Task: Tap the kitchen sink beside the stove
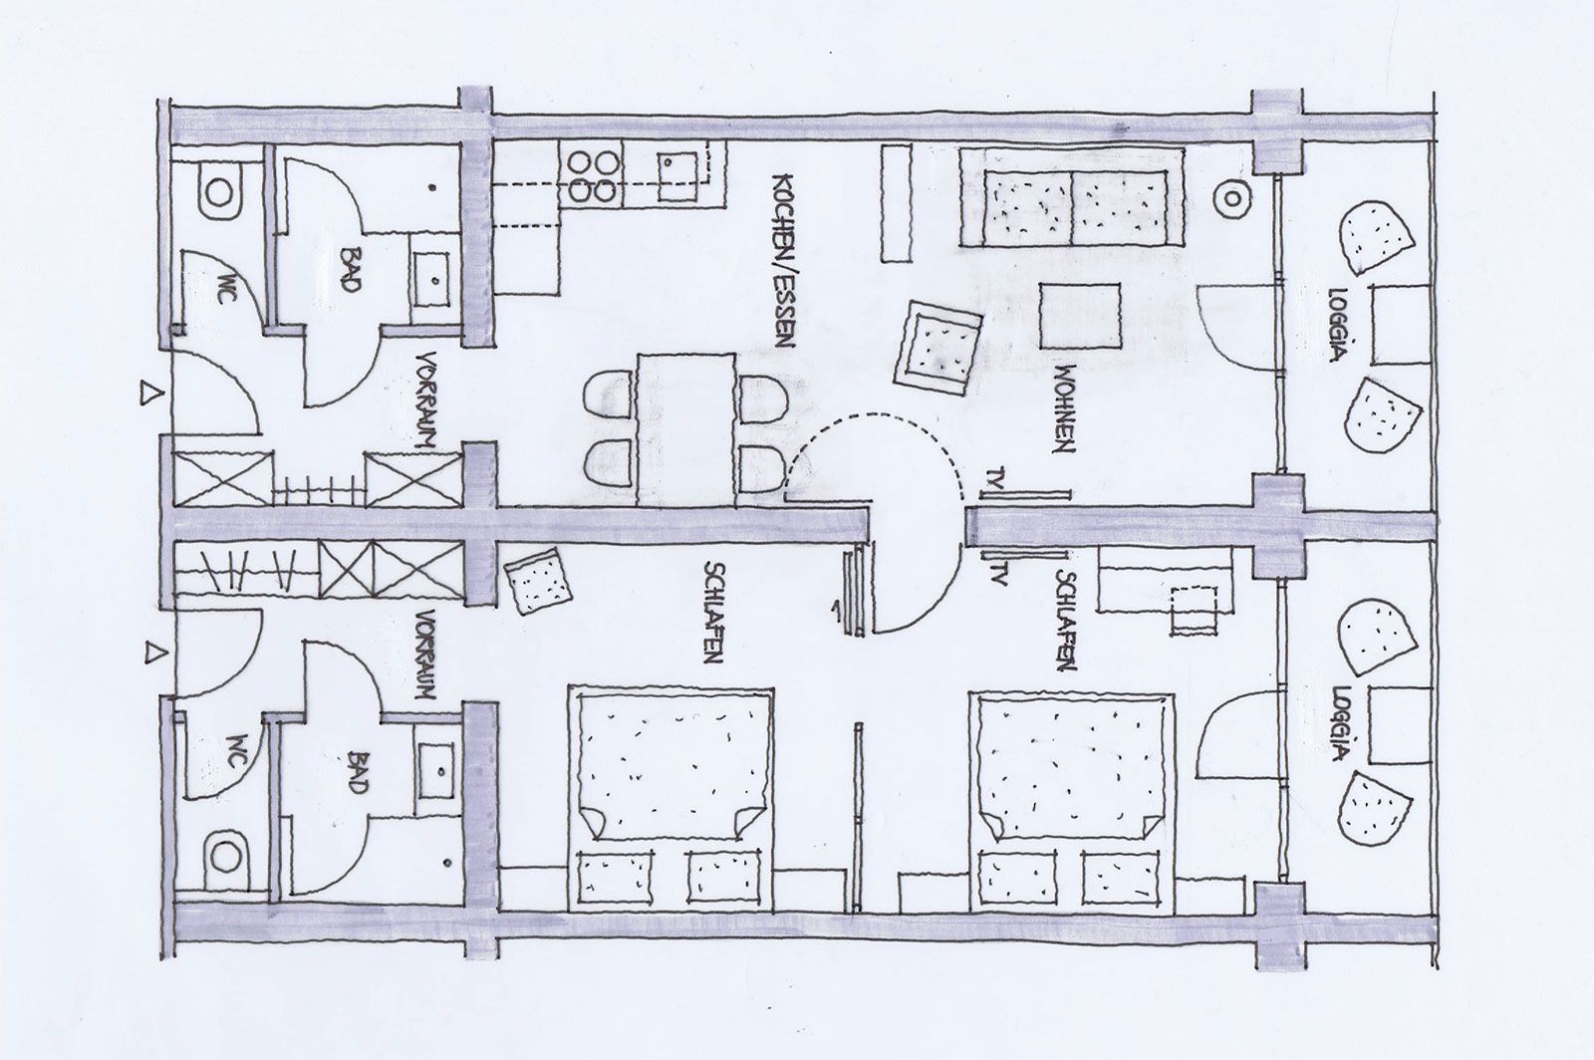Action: [677, 176]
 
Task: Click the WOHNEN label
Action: [1063, 409]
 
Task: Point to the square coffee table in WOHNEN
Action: [1080, 316]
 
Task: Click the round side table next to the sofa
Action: [1231, 198]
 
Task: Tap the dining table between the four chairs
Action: [686, 429]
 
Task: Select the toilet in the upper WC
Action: [219, 192]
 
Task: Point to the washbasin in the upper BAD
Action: [432, 279]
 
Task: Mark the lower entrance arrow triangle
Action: [152, 653]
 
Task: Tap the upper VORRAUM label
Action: [425, 400]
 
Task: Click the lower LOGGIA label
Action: [1342, 723]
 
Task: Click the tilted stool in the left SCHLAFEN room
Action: [537, 581]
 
